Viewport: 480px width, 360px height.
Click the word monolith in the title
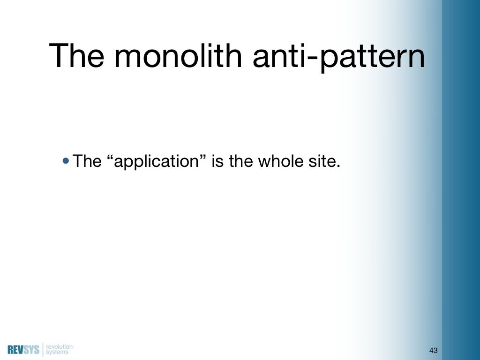click(180, 56)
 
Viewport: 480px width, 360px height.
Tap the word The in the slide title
click(78, 56)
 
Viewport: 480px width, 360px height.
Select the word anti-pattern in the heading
click(338, 57)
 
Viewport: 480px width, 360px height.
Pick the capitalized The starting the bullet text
click(87, 162)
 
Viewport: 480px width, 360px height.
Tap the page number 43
click(433, 351)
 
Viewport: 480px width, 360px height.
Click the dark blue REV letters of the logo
click(15, 350)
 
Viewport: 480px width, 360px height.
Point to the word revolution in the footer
click(60, 347)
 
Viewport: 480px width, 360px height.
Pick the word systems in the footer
click(57, 352)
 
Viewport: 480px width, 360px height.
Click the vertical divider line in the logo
click(43, 350)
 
